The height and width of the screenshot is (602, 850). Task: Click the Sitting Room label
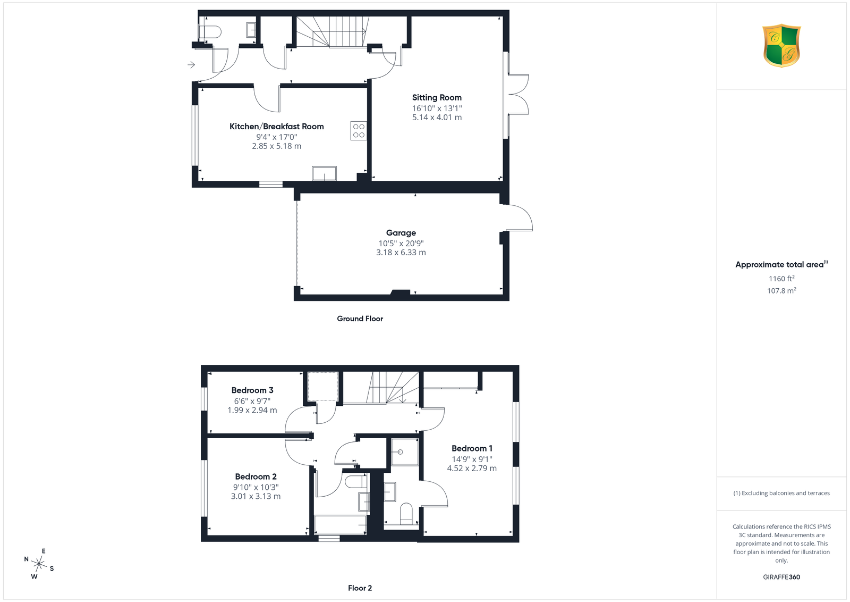(x=437, y=98)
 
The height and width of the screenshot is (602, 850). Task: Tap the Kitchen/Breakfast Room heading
(x=277, y=127)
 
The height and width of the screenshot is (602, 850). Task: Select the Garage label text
(x=401, y=233)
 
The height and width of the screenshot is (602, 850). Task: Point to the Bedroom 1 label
(x=472, y=448)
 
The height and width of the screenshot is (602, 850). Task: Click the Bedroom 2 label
(x=256, y=476)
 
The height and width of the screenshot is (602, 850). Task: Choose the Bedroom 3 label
(x=252, y=390)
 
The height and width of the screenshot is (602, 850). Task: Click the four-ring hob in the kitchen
(x=359, y=131)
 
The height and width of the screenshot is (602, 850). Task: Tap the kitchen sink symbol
(x=324, y=173)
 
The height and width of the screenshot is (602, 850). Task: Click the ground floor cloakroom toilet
(x=210, y=31)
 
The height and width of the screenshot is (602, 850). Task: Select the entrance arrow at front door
(x=191, y=65)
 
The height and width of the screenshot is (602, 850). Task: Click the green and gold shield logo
(x=781, y=46)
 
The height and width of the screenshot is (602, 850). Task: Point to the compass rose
(x=39, y=564)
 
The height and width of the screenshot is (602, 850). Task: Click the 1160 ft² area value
(x=781, y=279)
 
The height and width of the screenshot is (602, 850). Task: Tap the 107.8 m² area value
(x=781, y=290)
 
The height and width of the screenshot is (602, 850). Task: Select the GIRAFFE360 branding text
(x=781, y=577)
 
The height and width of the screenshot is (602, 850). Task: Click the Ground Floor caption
(x=360, y=319)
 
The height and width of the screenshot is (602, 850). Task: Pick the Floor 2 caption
(x=360, y=588)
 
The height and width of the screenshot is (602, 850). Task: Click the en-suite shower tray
(x=405, y=452)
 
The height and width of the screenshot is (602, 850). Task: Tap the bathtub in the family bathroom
(x=341, y=525)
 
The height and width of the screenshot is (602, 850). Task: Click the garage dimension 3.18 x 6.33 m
(x=401, y=253)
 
